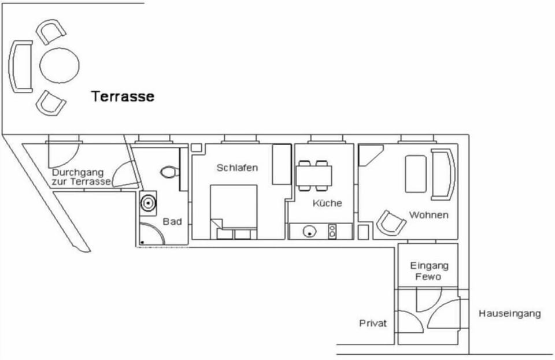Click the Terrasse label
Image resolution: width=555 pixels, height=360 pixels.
coord(123,97)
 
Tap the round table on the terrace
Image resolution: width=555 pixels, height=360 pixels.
coord(60,65)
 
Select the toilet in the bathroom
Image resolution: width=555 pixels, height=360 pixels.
coord(169,173)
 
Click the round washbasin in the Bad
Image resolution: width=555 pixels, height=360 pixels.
coord(148,203)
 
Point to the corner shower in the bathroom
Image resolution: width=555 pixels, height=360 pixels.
coord(151,234)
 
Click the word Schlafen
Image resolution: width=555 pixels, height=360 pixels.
coord(237,168)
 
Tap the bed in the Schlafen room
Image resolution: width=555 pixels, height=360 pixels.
coord(234,211)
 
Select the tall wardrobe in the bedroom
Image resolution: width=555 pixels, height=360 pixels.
coord(282,164)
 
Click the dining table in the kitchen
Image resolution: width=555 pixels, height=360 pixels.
coord(314,176)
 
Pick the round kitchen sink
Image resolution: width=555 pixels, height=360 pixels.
coord(309,231)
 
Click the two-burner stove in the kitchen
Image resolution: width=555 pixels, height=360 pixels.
coord(332,231)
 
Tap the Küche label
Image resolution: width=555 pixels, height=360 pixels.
coord(327,203)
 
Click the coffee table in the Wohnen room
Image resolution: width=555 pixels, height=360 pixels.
coord(416,173)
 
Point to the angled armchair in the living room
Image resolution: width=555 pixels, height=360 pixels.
coord(391,223)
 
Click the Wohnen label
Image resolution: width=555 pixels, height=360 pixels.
coord(428,215)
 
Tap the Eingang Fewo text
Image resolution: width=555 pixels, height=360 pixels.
coord(429,271)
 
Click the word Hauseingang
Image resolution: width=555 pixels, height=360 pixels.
coord(510,314)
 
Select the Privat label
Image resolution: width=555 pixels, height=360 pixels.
coord(373,323)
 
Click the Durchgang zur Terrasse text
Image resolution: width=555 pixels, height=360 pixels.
coord(81,177)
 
